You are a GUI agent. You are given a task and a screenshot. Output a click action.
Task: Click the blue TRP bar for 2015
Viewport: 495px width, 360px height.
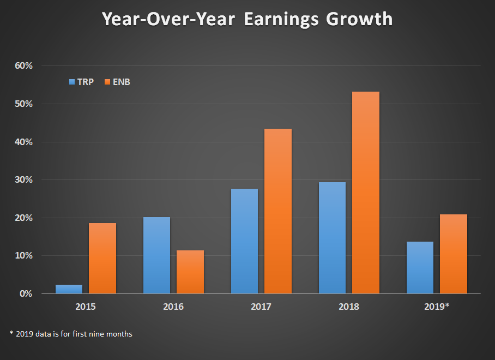69,289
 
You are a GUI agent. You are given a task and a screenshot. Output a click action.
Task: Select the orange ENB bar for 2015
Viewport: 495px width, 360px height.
102,258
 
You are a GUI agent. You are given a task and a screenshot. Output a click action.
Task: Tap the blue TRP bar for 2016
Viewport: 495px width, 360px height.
156,255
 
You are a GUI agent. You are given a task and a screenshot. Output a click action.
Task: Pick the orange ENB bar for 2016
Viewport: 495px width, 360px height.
190,272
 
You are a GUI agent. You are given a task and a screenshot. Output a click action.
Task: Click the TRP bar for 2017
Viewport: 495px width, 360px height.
244,241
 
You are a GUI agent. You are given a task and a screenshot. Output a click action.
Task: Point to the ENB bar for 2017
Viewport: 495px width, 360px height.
278,211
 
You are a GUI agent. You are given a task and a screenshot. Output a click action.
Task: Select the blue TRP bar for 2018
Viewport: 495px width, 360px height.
332,238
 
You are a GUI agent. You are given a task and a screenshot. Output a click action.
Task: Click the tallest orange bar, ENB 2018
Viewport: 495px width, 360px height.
366,193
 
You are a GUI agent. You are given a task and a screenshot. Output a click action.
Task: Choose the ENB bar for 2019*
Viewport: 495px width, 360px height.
454,254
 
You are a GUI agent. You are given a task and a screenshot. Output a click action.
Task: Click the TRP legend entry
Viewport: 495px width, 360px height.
81,82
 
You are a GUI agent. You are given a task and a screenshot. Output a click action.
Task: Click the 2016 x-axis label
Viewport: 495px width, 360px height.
173,307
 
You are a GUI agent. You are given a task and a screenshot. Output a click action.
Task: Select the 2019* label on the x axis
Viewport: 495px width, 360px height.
437,307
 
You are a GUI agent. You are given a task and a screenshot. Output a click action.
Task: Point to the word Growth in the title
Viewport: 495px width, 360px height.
359,20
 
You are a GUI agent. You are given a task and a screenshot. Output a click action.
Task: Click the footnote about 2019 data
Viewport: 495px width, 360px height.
70,334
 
